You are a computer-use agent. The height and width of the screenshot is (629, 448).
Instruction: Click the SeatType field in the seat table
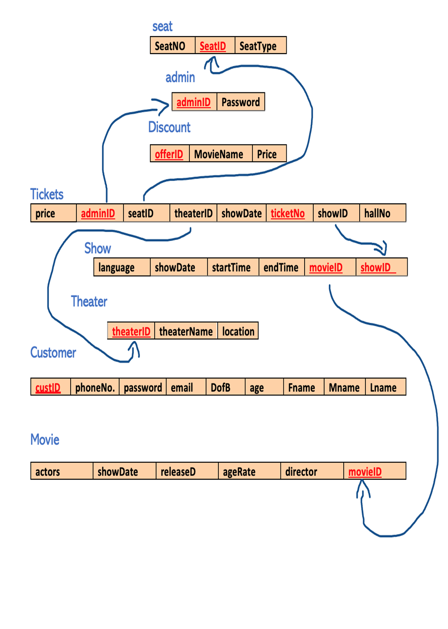pos(260,46)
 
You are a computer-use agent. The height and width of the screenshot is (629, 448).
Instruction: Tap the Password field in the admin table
pos(241,102)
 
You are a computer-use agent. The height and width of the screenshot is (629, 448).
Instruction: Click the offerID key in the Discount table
pos(169,154)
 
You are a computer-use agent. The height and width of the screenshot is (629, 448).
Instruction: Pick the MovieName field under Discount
pos(220,154)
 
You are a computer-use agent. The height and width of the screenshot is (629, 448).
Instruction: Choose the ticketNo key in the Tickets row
pos(288,213)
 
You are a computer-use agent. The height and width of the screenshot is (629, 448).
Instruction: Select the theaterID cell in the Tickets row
pos(193,213)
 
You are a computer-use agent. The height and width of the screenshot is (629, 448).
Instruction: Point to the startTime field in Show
pos(232,267)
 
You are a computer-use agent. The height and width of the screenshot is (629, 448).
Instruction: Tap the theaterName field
pos(186,331)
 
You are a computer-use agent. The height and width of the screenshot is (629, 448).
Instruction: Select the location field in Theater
pos(238,331)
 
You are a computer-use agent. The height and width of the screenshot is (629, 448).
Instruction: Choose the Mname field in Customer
pos(344,387)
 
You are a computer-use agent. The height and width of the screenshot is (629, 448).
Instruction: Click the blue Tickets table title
pos(47,194)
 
